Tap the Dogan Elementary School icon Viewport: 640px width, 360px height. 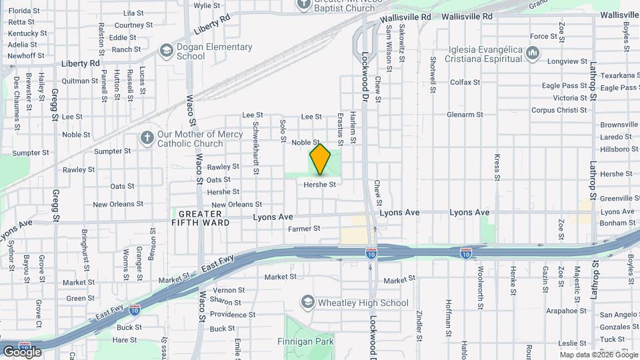(x=166, y=51)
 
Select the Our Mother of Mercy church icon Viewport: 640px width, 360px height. (x=147, y=139)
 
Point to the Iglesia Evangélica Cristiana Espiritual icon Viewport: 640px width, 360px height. (x=532, y=53)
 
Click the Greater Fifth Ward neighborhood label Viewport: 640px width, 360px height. (x=201, y=218)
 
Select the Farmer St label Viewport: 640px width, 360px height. (x=304, y=228)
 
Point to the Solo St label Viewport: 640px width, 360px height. (x=283, y=129)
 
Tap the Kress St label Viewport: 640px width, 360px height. (x=497, y=167)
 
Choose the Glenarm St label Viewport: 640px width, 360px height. (x=465, y=115)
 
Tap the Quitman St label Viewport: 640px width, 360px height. (x=80, y=81)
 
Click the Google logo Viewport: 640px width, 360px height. (x=21, y=351)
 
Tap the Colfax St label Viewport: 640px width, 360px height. (x=465, y=83)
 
